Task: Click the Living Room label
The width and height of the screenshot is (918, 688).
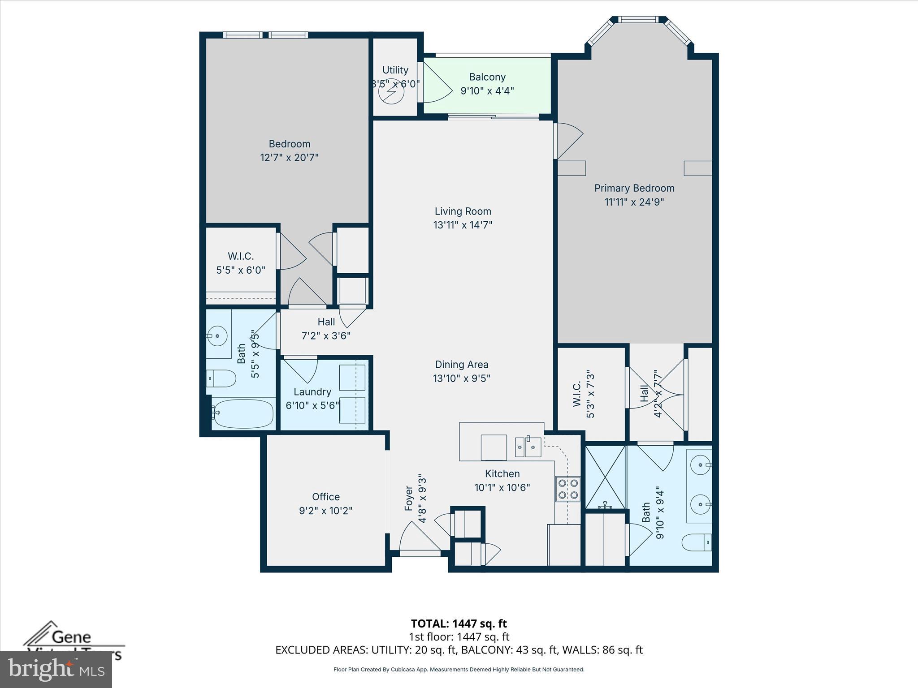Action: pos(463,211)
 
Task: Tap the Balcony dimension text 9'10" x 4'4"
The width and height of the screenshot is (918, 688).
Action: pos(487,91)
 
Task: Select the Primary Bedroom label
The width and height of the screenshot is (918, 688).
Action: pos(634,188)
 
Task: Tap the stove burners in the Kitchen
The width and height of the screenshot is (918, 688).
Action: pos(568,489)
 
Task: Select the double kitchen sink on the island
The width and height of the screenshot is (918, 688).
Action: pos(528,447)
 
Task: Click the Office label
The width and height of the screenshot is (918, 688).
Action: pos(326,497)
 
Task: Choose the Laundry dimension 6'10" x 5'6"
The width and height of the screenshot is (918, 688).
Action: pos(312,405)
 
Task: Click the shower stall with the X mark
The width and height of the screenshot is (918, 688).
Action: pos(605,477)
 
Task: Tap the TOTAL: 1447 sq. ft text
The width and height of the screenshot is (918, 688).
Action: pos(459,623)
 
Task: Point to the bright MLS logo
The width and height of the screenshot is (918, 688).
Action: pos(56,670)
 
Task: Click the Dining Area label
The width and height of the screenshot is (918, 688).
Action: pos(462,365)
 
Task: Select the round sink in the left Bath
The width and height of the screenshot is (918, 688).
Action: pos(218,335)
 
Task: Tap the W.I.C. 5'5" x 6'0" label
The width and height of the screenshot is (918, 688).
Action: pos(241,263)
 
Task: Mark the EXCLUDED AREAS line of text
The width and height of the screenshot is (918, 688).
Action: pos(459,650)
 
